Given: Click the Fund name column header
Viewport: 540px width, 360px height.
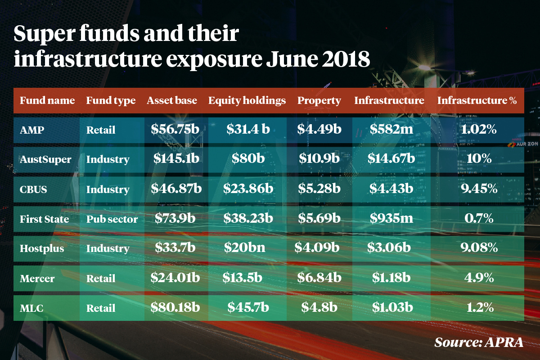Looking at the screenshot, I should click(47, 100).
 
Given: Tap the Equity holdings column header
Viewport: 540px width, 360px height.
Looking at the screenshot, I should click(247, 100).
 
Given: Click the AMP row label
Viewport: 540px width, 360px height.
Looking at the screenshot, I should click(29, 130).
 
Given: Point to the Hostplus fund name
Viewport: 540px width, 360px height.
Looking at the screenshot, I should click(42, 248).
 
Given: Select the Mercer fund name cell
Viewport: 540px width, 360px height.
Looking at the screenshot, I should click(37, 279).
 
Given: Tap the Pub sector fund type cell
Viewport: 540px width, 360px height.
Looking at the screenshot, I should click(112, 219).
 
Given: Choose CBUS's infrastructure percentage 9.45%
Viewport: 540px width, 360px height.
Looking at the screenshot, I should click(480, 189).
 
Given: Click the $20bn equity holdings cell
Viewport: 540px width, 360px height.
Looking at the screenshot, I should click(247, 248).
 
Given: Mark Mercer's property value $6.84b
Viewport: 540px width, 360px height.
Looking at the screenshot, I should click(319, 278).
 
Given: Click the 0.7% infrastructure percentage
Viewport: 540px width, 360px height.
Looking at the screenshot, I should click(480, 219).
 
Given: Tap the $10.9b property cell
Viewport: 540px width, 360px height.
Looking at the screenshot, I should click(319, 159).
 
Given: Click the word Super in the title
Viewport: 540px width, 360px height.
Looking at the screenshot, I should click(42, 34).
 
